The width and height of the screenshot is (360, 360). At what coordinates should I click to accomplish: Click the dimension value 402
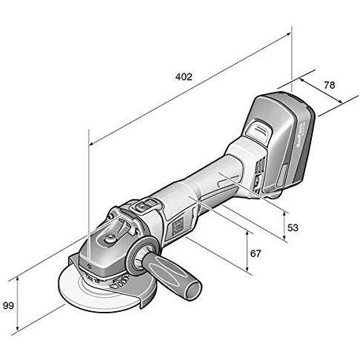(184, 77)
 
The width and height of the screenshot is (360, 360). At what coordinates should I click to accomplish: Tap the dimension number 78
(330, 85)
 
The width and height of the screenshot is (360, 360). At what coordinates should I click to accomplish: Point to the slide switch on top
(144, 208)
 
